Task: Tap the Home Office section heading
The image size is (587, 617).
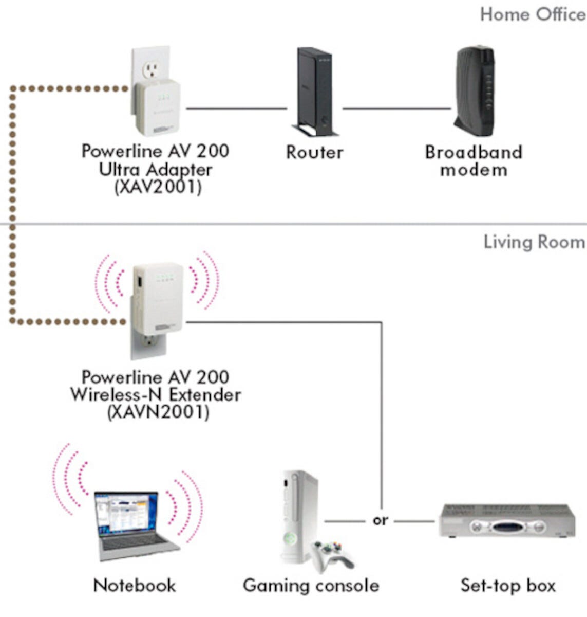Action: pos(532,14)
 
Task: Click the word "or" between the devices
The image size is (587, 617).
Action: pos(380,521)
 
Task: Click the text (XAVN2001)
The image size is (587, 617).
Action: pos(158,412)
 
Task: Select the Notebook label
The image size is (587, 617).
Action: pos(135,585)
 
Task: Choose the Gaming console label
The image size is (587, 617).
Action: pos(311,585)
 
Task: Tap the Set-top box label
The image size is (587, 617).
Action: pos(507,585)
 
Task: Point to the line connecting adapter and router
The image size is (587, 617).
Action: pos(236,108)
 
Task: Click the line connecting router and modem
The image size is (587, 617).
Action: pos(396,108)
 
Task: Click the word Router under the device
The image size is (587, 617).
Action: pos(314,152)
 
